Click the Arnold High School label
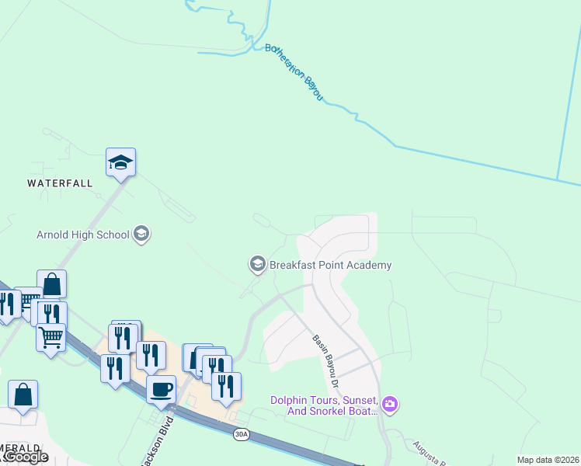click(x=82, y=234)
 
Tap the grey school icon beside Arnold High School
click(x=141, y=234)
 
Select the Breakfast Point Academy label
click(x=330, y=265)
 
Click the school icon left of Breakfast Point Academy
click(x=257, y=265)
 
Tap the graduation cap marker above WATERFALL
click(x=120, y=163)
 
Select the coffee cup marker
click(x=162, y=389)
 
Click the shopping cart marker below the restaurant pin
click(x=50, y=338)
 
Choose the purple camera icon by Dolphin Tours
click(x=390, y=404)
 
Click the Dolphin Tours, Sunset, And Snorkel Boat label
click(x=322, y=405)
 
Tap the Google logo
click(x=25, y=457)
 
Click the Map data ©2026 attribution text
click(x=548, y=460)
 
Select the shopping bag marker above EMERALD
click(x=23, y=394)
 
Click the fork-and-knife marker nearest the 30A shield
click(x=226, y=386)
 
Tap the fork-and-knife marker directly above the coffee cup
click(x=151, y=355)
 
